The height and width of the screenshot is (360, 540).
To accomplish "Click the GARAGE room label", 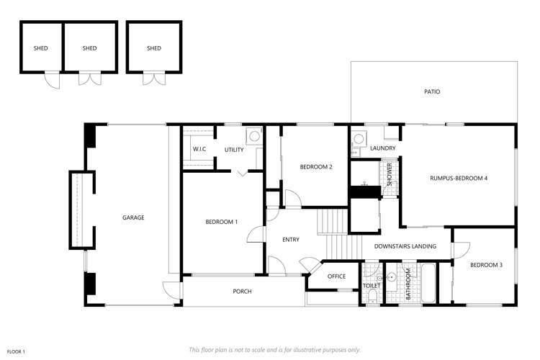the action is pyautogui.click(x=133, y=217).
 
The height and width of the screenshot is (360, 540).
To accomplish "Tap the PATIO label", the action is pyautogui.click(x=432, y=91).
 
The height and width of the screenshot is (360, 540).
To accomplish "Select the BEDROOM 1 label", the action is pyautogui.click(x=222, y=222).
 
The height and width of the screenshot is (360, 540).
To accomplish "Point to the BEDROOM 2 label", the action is pyautogui.click(x=316, y=167).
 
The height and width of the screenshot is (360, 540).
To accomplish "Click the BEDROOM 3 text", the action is pyautogui.click(x=486, y=265).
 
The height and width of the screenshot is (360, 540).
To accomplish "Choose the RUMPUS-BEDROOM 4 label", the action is pyautogui.click(x=459, y=178).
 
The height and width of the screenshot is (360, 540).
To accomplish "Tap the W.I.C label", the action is pyautogui.click(x=199, y=149).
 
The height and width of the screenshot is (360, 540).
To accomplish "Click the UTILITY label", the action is pyautogui.click(x=234, y=150).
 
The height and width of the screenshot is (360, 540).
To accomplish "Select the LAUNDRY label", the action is pyautogui.click(x=382, y=148).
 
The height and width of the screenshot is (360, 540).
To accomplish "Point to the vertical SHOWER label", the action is pyautogui.click(x=390, y=175).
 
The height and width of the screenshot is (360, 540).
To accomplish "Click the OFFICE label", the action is pyautogui.click(x=336, y=276).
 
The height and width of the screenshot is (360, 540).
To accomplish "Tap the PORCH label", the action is pyautogui.click(x=242, y=292).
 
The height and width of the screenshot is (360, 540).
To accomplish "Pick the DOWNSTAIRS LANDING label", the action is pyautogui.click(x=405, y=246).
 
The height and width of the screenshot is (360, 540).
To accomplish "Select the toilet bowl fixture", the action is pyautogui.click(x=373, y=296).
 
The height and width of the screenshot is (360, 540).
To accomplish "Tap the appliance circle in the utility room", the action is pyautogui.click(x=254, y=136).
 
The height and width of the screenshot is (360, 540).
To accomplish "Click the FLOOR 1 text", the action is pyautogui.click(x=16, y=352).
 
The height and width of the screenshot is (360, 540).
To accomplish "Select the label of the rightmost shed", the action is pyautogui.click(x=154, y=48).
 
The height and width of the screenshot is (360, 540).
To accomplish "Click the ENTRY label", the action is pyautogui.click(x=291, y=240).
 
